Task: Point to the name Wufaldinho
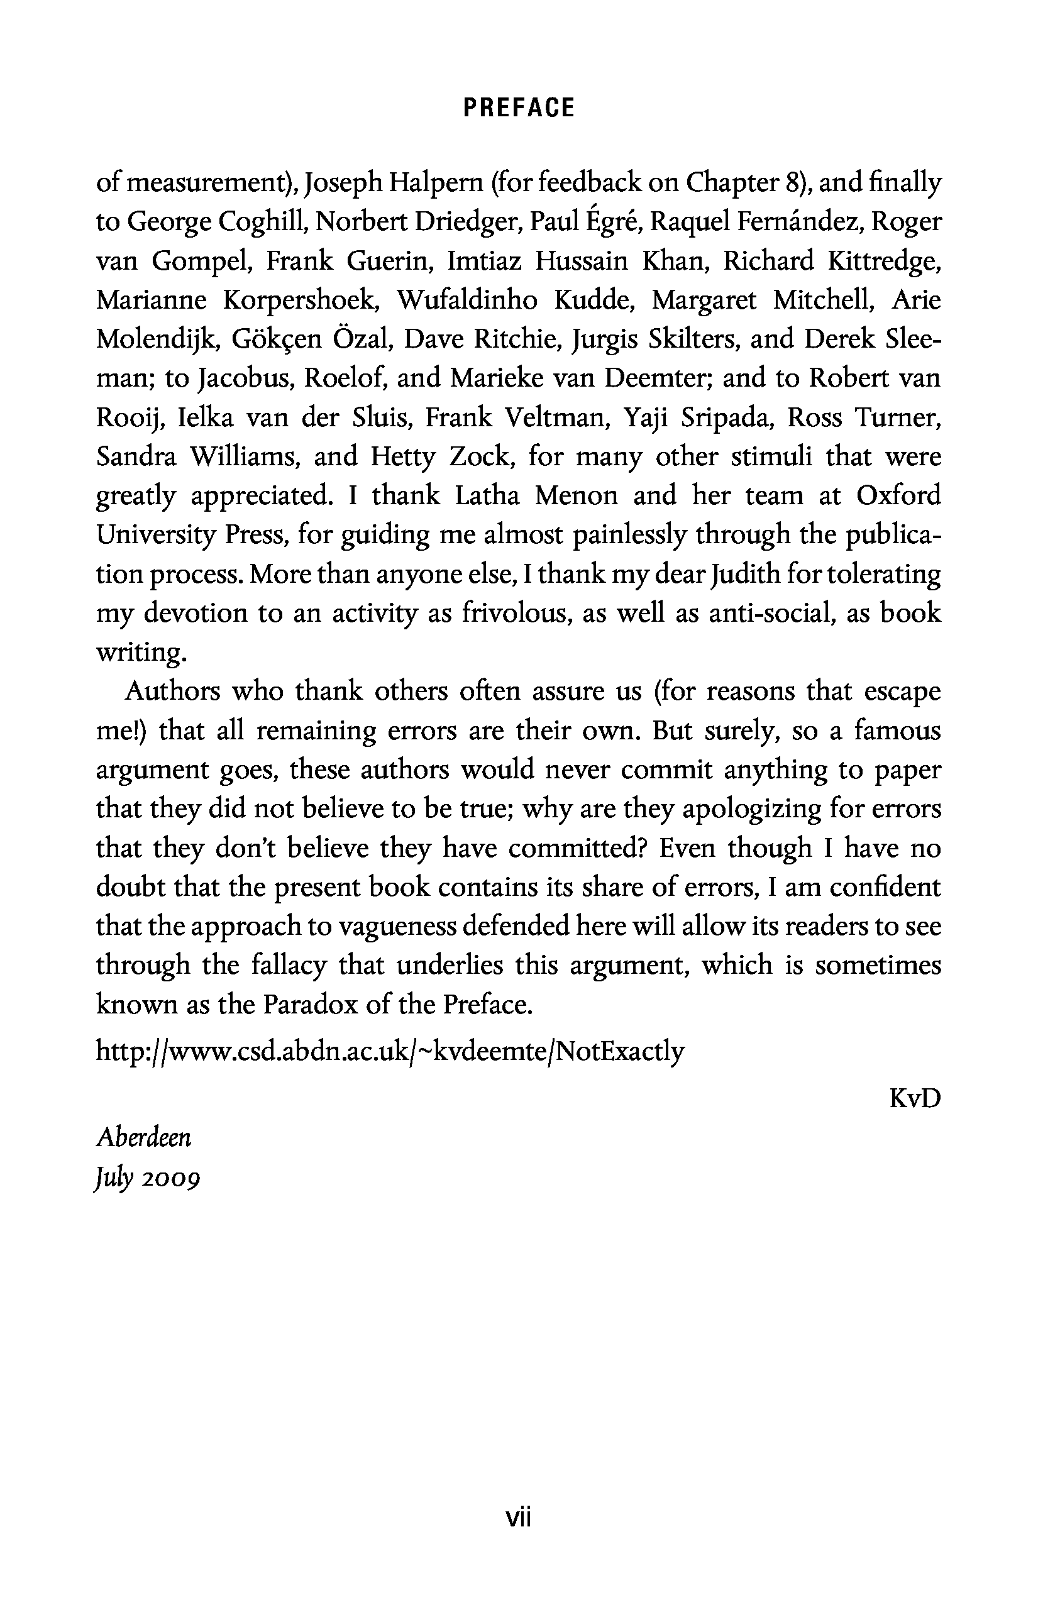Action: (467, 300)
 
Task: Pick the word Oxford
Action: (898, 495)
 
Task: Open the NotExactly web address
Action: (390, 1051)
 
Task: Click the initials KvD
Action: (914, 1098)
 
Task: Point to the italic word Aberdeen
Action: (144, 1138)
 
